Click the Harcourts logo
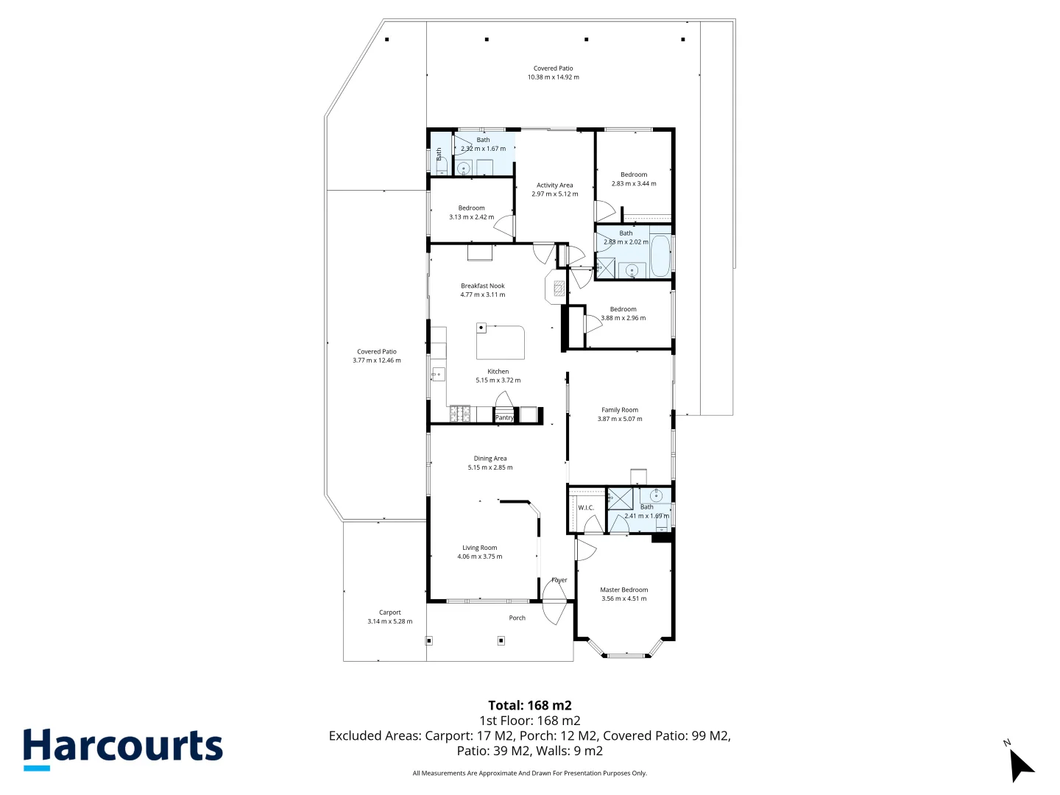click(x=122, y=748)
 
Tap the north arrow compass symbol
click(x=1020, y=764)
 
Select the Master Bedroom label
click(x=623, y=590)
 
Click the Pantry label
click(x=504, y=417)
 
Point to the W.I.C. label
click(x=586, y=508)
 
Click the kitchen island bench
click(x=501, y=341)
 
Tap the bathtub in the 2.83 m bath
click(x=660, y=256)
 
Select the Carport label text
click(x=389, y=612)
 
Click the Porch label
click(x=517, y=618)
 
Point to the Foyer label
click(x=559, y=580)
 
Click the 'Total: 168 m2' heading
click(x=529, y=705)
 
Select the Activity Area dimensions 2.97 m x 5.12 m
click(x=554, y=194)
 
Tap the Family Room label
click(x=619, y=410)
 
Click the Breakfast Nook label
click(x=483, y=286)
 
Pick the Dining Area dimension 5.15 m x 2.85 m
click(x=490, y=467)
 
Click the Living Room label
click(x=479, y=548)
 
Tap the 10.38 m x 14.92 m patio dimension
click(x=553, y=77)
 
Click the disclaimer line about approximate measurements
click(x=529, y=773)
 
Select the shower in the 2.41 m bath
click(x=620, y=499)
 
